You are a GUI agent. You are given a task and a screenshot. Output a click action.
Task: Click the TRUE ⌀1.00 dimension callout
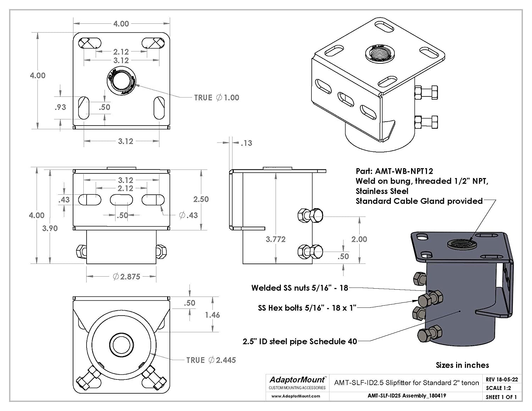tap(217, 98)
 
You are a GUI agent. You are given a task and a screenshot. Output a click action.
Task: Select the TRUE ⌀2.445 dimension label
tap(211, 360)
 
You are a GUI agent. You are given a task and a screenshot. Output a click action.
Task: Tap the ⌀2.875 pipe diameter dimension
tap(127, 277)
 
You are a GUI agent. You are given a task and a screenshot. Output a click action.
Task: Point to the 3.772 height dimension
tap(276, 239)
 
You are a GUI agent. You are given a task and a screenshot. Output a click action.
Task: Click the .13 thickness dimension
tap(246, 143)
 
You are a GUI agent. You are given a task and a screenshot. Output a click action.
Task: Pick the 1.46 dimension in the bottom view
tap(212, 315)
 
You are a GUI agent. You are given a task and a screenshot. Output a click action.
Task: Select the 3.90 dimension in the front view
tap(50, 228)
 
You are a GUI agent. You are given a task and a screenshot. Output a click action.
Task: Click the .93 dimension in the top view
tap(60, 107)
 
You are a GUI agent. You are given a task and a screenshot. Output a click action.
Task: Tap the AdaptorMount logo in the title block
tap(297, 380)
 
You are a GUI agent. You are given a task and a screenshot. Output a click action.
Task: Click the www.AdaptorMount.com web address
tap(296, 396)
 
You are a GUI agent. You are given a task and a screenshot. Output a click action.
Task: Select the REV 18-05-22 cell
tap(501, 379)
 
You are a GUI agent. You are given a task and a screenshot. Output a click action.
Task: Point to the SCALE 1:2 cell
tap(498, 388)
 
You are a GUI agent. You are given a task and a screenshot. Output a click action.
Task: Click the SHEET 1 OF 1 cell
tap(501, 397)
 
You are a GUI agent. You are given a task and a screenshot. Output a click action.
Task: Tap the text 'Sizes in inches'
tap(462, 365)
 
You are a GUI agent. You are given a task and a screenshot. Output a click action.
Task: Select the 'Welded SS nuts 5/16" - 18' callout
tap(300, 288)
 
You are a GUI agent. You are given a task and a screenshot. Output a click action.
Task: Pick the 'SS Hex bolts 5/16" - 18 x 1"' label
tap(307, 308)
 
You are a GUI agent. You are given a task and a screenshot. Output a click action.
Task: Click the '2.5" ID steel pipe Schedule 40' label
tap(300, 341)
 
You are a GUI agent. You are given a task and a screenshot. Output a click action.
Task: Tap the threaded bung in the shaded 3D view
tap(462, 244)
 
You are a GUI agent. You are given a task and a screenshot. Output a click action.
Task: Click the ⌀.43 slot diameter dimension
tap(188, 215)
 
